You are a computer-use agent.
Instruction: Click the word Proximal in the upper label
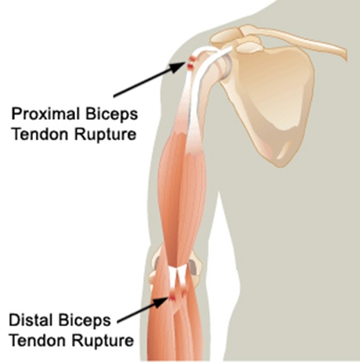click(x=45, y=114)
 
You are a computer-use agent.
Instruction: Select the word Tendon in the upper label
click(x=41, y=135)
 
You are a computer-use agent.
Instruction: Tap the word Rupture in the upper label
click(x=106, y=136)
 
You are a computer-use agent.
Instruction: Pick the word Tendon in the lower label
click(x=38, y=340)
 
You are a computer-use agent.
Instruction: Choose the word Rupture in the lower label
click(x=103, y=341)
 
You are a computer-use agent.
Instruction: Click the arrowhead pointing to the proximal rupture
click(x=178, y=67)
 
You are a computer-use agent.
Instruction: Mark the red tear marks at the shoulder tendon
click(x=192, y=63)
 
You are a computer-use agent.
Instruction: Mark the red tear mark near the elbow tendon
click(x=173, y=297)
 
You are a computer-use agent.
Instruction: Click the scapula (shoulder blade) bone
click(x=272, y=102)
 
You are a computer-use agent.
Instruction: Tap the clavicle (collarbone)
click(x=292, y=39)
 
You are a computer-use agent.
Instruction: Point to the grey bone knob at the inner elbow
click(x=193, y=267)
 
